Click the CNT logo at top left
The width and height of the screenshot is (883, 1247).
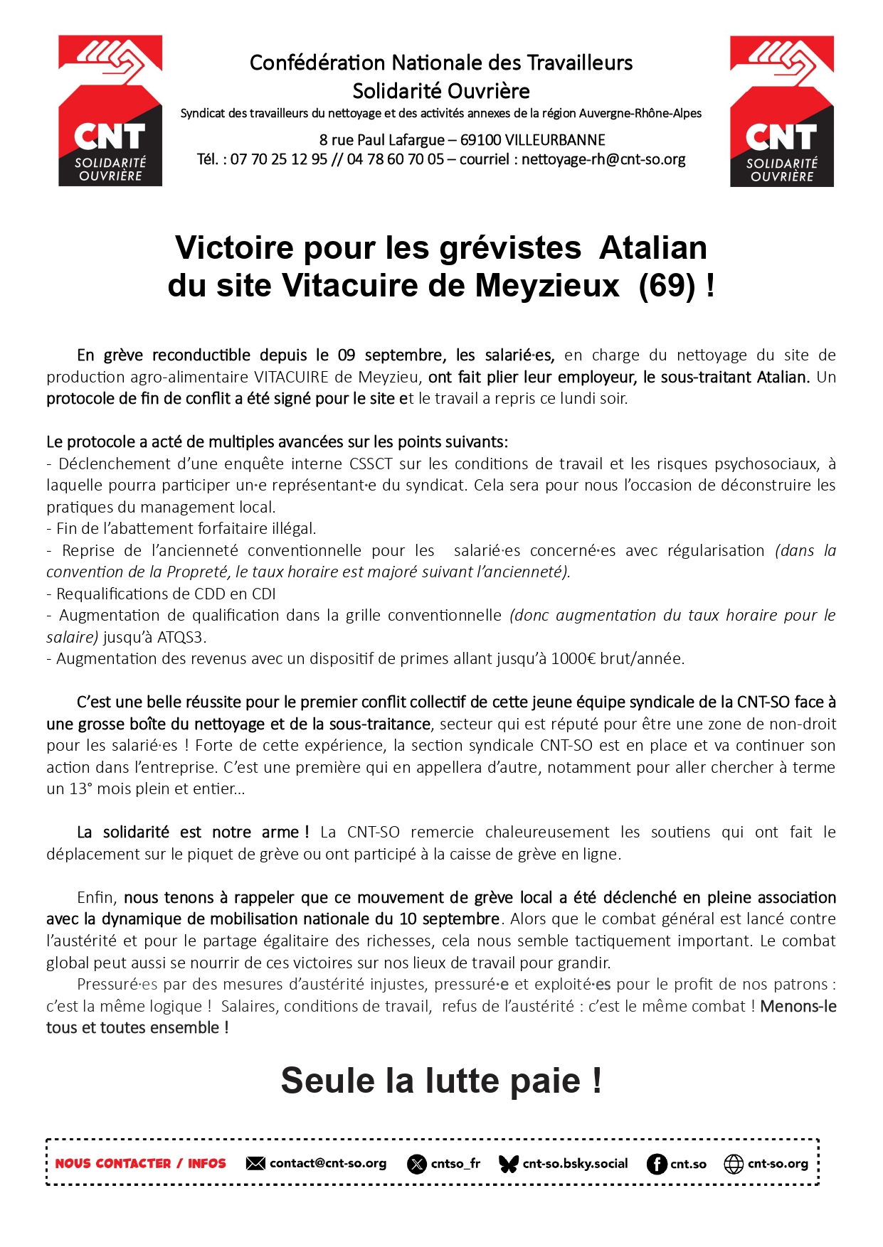(110, 111)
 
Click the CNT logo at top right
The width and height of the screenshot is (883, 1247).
(781, 111)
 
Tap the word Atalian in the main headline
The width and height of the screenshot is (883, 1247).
(652, 248)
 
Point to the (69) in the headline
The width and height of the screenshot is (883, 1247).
(667, 286)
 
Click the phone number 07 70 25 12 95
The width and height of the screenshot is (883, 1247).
(279, 159)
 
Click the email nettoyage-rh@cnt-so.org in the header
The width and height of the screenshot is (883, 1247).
(603, 159)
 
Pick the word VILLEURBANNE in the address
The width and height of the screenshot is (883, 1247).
(555, 140)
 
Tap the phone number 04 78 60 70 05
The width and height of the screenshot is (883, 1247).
(395, 159)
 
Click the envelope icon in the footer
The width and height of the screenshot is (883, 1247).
(255, 1164)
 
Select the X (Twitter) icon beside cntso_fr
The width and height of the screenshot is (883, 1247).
(417, 1164)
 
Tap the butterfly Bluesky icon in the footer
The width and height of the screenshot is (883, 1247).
(509, 1164)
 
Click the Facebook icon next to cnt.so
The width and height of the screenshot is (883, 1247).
(657, 1164)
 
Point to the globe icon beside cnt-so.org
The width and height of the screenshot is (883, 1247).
(734, 1164)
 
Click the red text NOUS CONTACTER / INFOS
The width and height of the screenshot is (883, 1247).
(140, 1164)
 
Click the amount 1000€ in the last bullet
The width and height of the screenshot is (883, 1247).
(573, 659)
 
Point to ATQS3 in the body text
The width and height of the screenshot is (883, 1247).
(181, 637)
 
